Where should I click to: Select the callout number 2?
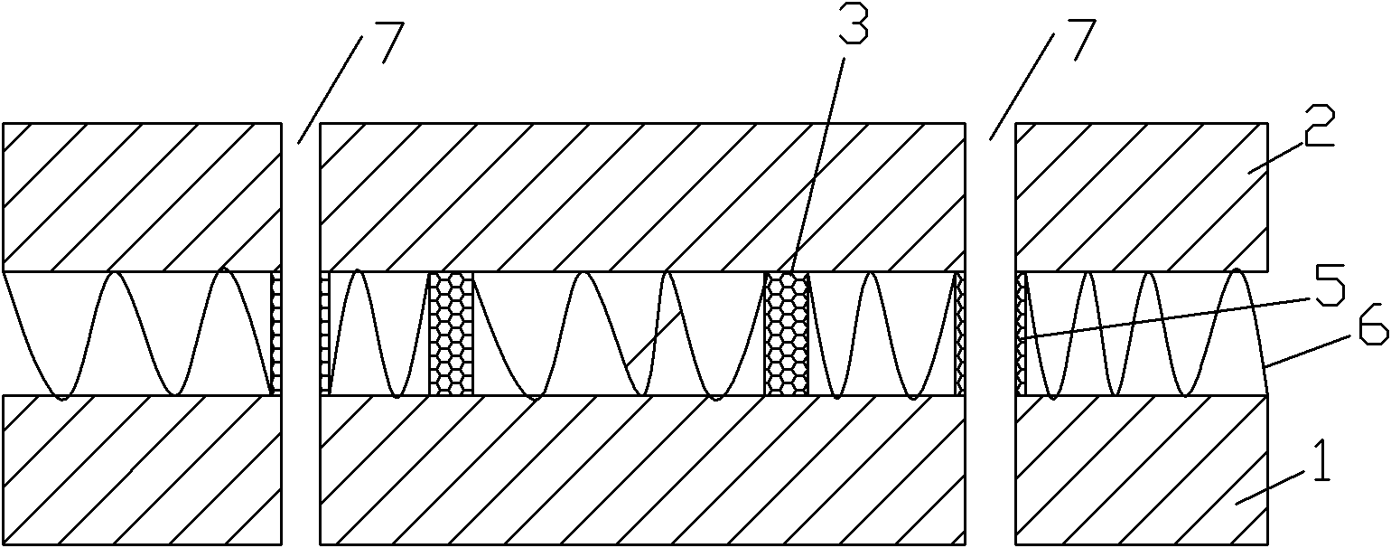point(1318,125)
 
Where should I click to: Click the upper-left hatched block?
point(143,197)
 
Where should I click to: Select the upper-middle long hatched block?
point(643,197)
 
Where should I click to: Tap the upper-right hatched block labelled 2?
point(1142,197)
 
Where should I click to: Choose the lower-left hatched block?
point(143,469)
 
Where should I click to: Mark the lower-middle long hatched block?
point(643,469)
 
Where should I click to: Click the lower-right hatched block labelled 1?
point(1142,469)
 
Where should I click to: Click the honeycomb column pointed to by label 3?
point(787,334)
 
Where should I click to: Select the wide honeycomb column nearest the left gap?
point(451,334)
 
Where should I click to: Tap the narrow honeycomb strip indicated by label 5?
point(1022,334)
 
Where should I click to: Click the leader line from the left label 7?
point(330,89)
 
